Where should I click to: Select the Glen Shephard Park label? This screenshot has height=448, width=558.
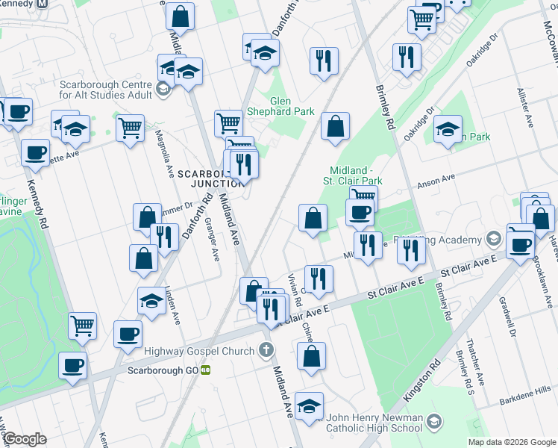[x=292, y=105]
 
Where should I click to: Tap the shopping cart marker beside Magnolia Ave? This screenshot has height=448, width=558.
[x=130, y=128]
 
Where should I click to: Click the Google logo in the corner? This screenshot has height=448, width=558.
[x=25, y=439]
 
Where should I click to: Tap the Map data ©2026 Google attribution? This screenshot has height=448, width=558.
[x=511, y=442]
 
